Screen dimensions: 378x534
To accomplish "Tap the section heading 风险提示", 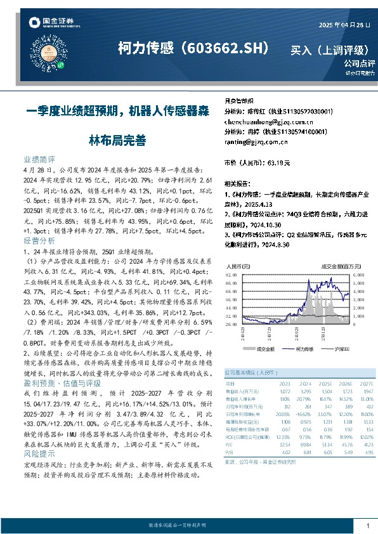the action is [x=39, y=455].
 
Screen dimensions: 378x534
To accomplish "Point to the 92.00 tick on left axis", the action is [x=231, y=275].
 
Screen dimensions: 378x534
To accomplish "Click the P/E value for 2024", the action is [x=304, y=444].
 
